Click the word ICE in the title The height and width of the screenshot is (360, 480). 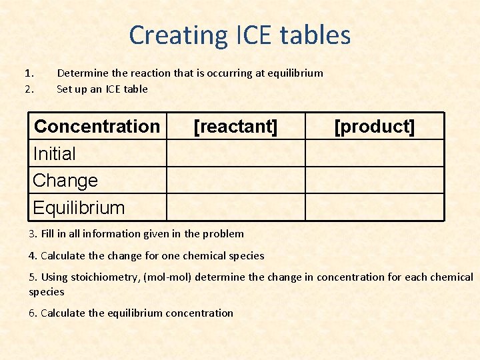(x=257, y=35)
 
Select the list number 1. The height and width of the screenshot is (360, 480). (x=29, y=73)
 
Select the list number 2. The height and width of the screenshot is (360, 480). (x=29, y=89)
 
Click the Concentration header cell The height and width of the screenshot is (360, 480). (x=97, y=126)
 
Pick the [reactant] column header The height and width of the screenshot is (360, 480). (x=235, y=126)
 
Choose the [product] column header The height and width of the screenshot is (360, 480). (x=374, y=126)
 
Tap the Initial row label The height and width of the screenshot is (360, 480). (x=55, y=153)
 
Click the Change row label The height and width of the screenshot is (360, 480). (x=65, y=181)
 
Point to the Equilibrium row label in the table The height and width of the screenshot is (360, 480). (x=79, y=207)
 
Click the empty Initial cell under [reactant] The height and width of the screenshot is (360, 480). (x=235, y=153)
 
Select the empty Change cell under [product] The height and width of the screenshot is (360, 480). (x=374, y=181)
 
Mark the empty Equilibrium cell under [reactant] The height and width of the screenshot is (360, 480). (x=235, y=207)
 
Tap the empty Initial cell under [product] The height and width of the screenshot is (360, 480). (x=374, y=153)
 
